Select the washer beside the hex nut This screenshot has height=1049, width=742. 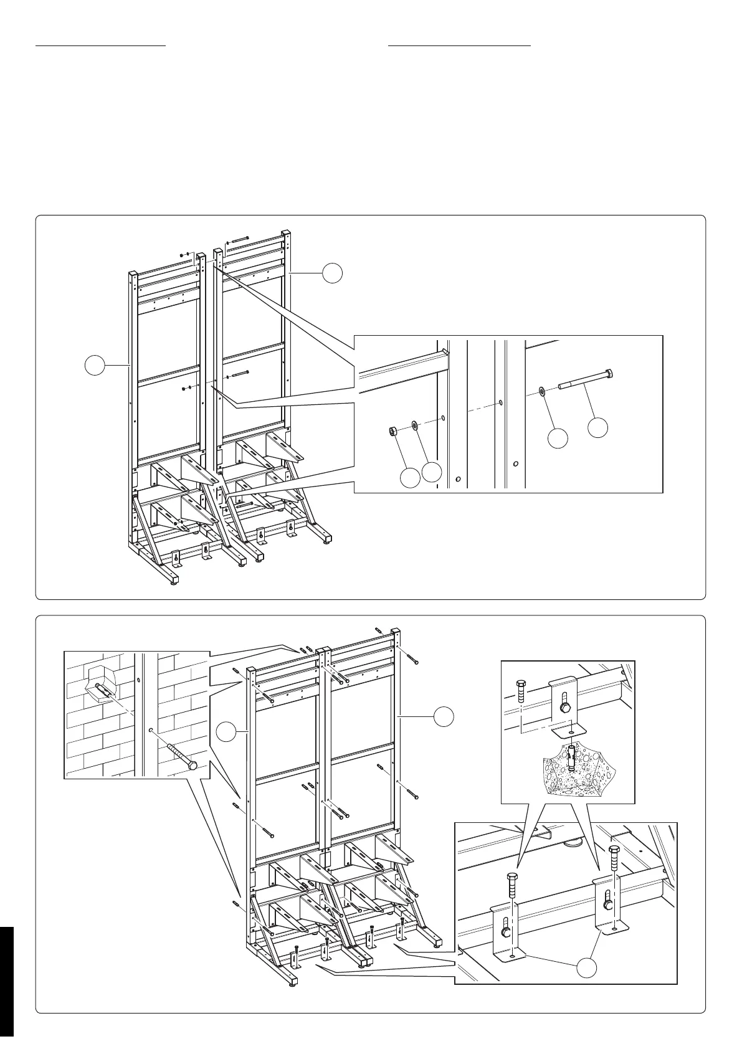(x=414, y=425)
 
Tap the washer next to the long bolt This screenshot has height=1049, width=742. (x=542, y=391)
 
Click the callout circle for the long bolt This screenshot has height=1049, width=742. (x=598, y=427)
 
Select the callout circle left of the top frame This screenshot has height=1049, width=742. (x=95, y=366)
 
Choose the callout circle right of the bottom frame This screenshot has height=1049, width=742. (x=444, y=716)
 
